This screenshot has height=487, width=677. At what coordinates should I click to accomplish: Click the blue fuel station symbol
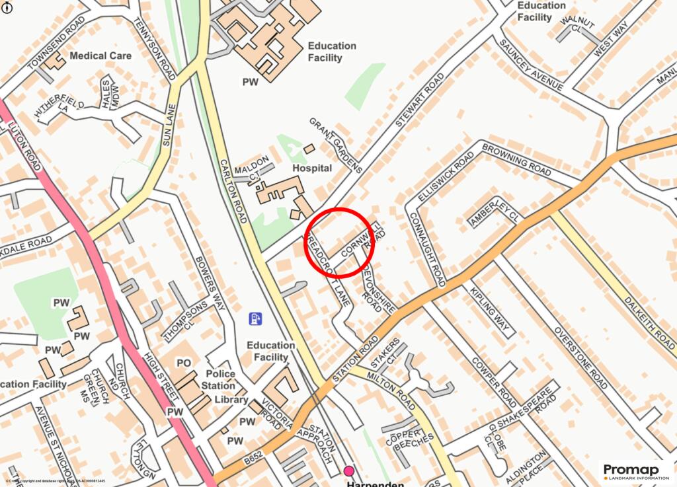pyautogui.click(x=255, y=318)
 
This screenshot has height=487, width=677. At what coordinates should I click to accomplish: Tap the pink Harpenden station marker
pyautogui.click(x=349, y=471)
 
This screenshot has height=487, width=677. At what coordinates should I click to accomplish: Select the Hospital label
pyautogui.click(x=312, y=169)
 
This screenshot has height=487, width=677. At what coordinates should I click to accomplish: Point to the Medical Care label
pyautogui.click(x=100, y=56)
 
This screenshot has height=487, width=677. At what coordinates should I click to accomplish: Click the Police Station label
pyautogui.click(x=219, y=379)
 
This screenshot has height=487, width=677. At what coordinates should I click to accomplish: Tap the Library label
pyautogui.click(x=231, y=400)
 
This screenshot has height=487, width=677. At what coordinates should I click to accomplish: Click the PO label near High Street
pyautogui.click(x=184, y=363)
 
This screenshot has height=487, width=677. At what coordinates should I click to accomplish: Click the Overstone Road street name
pyautogui.click(x=580, y=357)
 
